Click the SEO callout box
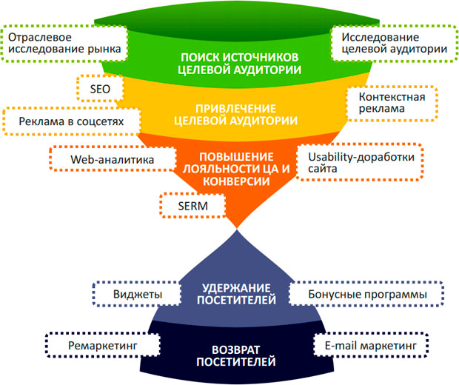point(99,88)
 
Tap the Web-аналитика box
point(110,158)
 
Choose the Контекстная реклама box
point(392,104)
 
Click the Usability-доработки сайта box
point(358,164)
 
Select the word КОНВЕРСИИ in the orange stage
point(236,180)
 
